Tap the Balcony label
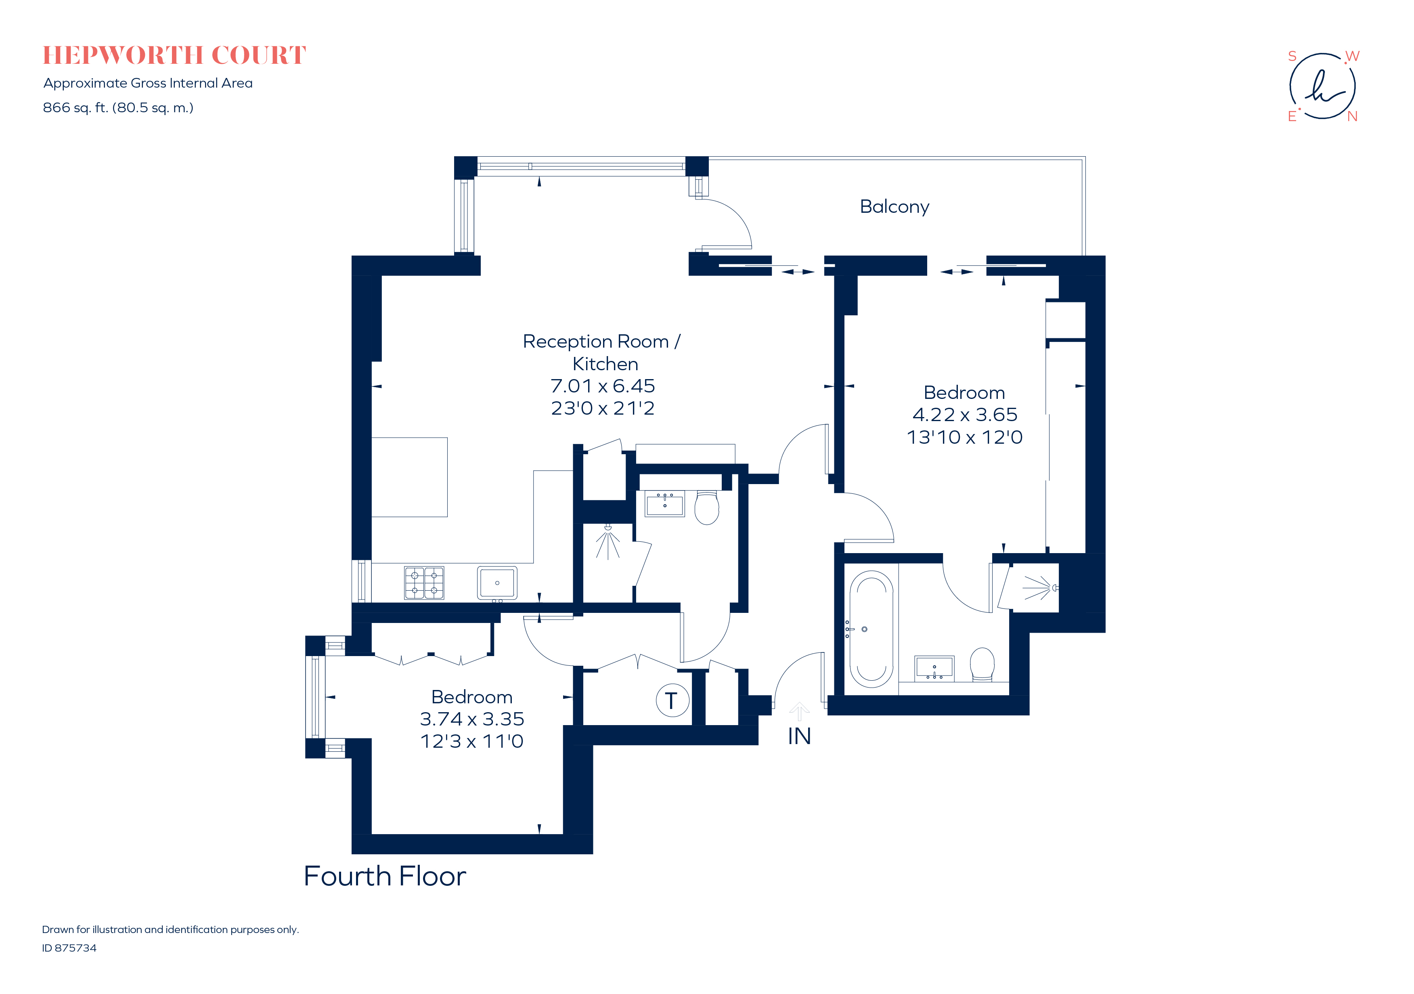click(x=894, y=206)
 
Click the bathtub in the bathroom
click(x=871, y=629)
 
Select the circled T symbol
click(x=672, y=700)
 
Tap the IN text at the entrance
click(x=799, y=736)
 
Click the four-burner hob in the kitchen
click(x=424, y=583)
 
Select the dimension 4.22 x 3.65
click(x=964, y=415)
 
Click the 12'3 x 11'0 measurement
click(x=472, y=741)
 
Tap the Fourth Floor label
click(x=385, y=876)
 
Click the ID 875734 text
click(x=69, y=948)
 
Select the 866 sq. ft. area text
click(x=118, y=108)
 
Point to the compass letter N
click(x=1352, y=116)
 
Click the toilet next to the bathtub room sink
click(x=982, y=664)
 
